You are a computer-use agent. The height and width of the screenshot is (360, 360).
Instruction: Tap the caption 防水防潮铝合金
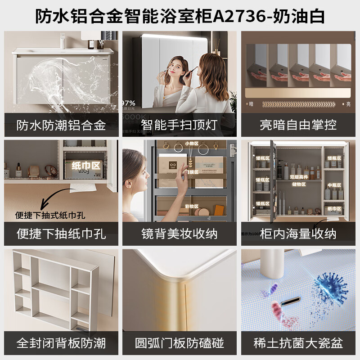(x=61, y=125)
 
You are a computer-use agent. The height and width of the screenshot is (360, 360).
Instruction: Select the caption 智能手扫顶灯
(x=180, y=125)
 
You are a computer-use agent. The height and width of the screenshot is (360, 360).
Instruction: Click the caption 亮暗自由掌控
(x=298, y=125)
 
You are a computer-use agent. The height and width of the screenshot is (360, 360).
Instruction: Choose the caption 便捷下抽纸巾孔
(x=61, y=234)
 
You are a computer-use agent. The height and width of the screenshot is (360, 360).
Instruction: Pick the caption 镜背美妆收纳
(x=180, y=234)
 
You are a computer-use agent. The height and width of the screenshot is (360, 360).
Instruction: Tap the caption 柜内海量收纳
(x=298, y=234)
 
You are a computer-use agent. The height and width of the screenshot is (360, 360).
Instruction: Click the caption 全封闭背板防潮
(x=61, y=343)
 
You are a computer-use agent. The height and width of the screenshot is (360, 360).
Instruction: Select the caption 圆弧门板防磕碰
(x=180, y=343)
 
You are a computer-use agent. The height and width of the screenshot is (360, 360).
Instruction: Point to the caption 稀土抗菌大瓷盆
(x=298, y=343)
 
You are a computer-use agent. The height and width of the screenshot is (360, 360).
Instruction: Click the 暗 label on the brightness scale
(x=251, y=104)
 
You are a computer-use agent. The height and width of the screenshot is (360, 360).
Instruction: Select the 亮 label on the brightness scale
(x=348, y=104)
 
